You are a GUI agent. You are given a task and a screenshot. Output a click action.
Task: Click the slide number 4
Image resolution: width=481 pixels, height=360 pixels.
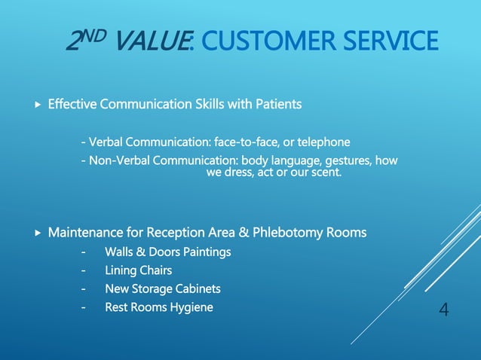[x=443, y=309]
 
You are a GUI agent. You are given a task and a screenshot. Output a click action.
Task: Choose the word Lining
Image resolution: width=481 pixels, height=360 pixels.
[x=120, y=270]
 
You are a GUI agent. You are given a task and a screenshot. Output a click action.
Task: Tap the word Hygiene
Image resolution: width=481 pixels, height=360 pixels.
[x=191, y=307]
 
